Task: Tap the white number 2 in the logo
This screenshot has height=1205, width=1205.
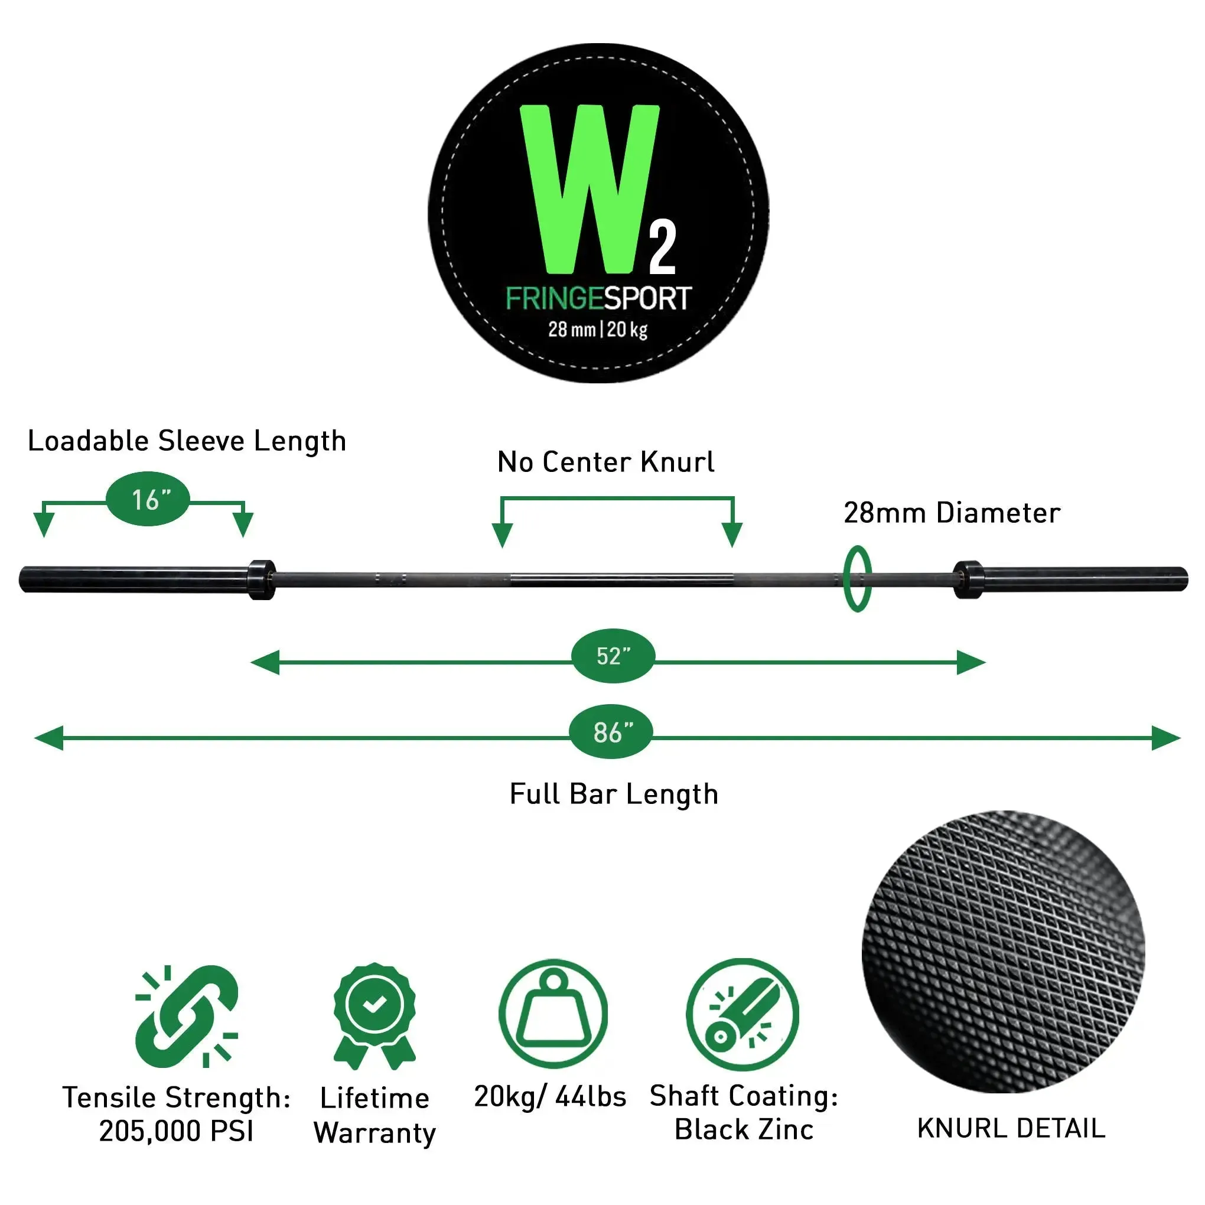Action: (x=662, y=249)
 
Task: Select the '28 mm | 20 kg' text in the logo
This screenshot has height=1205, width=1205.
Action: (x=598, y=330)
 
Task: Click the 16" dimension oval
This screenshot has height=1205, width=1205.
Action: (x=148, y=500)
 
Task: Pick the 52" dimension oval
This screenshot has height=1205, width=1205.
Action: (x=613, y=656)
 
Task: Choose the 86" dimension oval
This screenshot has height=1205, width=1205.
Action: (x=611, y=732)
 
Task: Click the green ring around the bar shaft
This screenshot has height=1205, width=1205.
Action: (x=857, y=579)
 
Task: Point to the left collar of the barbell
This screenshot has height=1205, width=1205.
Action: (x=262, y=579)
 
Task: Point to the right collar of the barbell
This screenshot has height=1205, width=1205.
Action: (x=968, y=579)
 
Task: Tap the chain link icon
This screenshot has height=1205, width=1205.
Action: (x=186, y=1017)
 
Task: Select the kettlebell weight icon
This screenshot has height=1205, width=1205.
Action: (x=553, y=1014)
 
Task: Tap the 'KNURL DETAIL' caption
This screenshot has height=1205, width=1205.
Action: (x=1011, y=1128)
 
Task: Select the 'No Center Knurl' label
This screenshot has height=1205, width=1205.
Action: (x=605, y=462)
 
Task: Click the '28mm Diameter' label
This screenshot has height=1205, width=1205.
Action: (x=952, y=513)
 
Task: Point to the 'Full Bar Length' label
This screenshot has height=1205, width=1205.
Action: (x=614, y=794)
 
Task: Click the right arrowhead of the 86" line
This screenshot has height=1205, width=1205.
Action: (x=1167, y=738)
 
